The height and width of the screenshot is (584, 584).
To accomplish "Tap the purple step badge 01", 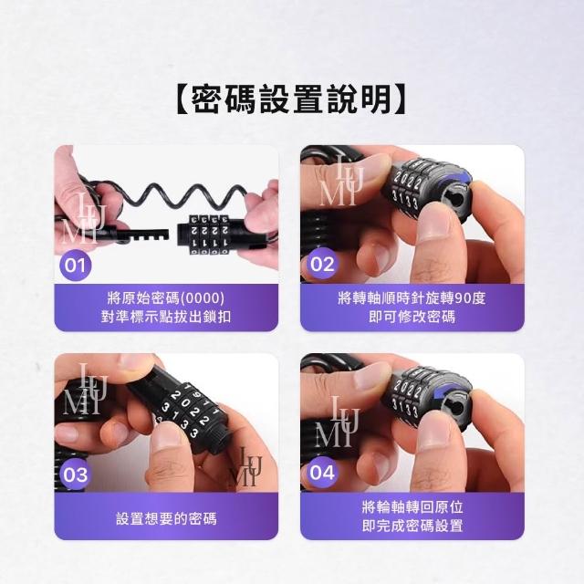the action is [x=75, y=266].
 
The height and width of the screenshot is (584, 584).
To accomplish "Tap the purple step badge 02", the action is [x=322, y=264].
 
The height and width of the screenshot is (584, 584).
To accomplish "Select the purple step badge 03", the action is [x=75, y=474].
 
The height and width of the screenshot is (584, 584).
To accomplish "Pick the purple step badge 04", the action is [x=322, y=473].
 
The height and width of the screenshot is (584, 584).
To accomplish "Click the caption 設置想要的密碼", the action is [x=166, y=518].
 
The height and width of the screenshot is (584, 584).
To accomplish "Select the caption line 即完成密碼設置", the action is [x=412, y=526].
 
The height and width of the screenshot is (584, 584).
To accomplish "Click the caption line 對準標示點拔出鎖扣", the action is [x=166, y=317].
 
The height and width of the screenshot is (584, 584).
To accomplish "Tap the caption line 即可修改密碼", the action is [x=412, y=317].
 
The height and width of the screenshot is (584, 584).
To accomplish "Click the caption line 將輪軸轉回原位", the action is [x=412, y=507].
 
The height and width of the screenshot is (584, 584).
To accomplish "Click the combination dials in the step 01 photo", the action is [x=209, y=235].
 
